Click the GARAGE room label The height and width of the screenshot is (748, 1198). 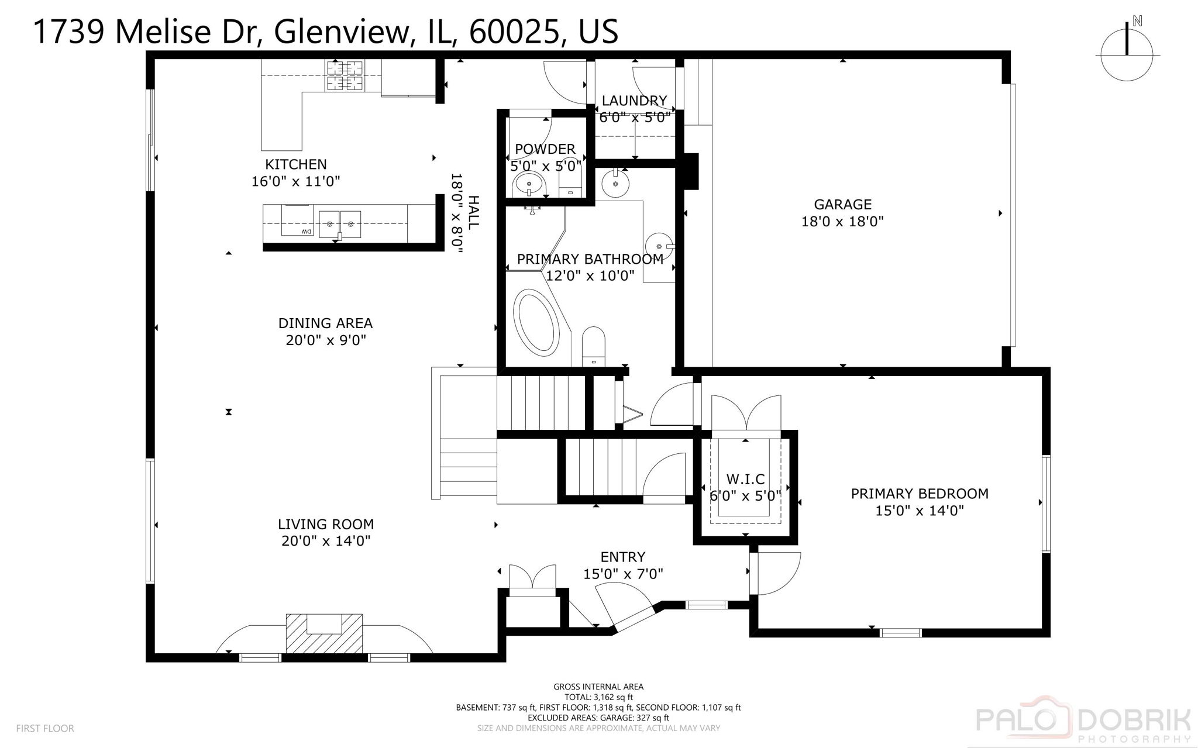point(842,205)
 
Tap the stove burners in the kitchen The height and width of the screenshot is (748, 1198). point(344,76)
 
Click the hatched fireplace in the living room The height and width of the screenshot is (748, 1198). point(323,633)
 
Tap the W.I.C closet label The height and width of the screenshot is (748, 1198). point(745,480)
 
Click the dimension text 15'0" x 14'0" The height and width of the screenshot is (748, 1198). point(919,511)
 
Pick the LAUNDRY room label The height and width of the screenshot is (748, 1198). point(634,101)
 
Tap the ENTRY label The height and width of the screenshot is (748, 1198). point(622,557)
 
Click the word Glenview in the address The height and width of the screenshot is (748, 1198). point(341,32)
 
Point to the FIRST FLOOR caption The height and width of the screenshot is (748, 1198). point(45,728)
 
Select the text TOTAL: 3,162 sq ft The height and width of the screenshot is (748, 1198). point(598,697)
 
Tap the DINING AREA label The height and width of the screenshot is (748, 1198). point(325,323)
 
